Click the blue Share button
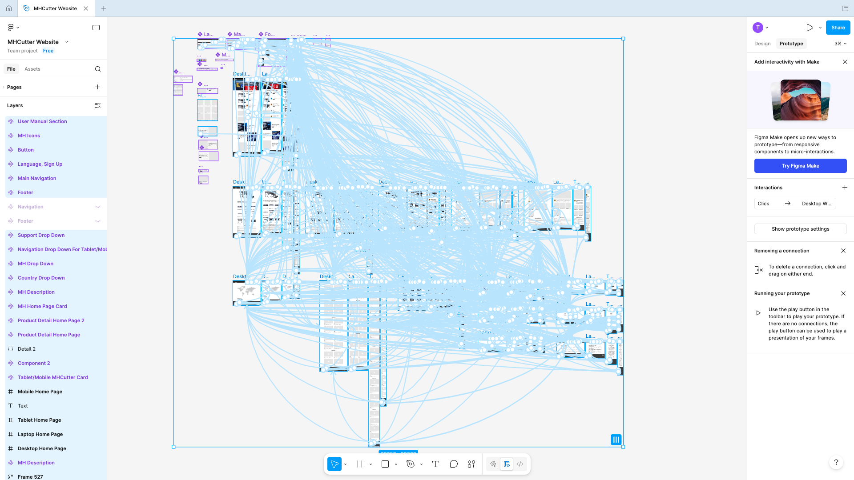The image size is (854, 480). click(x=838, y=28)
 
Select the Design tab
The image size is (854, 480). click(x=762, y=44)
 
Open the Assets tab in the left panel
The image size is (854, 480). click(x=32, y=69)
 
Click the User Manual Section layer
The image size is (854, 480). click(x=42, y=121)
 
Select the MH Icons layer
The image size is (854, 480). click(x=29, y=136)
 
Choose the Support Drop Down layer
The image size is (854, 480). click(x=41, y=235)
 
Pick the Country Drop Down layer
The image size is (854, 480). click(x=41, y=278)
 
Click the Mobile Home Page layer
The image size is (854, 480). click(x=40, y=392)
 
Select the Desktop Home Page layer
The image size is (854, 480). click(x=42, y=448)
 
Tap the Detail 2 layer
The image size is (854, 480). click(x=27, y=349)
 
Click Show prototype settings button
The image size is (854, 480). click(x=800, y=229)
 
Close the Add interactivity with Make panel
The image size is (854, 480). click(x=845, y=62)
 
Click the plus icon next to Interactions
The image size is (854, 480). click(x=845, y=188)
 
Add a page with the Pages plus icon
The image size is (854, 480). click(x=97, y=87)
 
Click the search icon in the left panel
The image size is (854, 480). click(x=98, y=69)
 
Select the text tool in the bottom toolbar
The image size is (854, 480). click(x=435, y=464)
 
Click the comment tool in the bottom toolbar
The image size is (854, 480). click(x=454, y=464)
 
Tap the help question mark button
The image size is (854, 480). click(x=836, y=462)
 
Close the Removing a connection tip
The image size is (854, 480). click(x=843, y=251)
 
